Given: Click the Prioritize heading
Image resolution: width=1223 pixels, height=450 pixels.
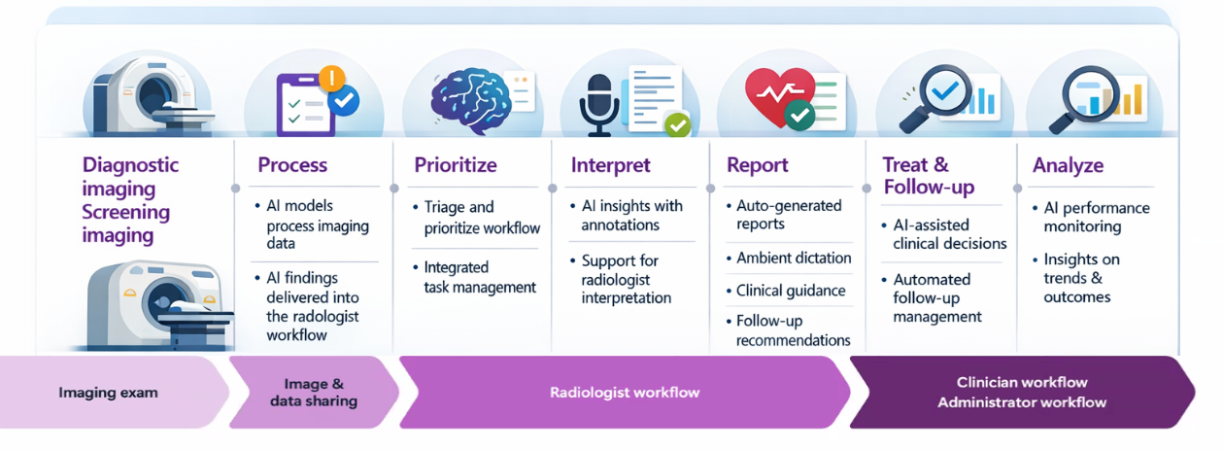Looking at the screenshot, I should tap(455, 165).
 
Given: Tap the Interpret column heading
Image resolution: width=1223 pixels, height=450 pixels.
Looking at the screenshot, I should tap(610, 165).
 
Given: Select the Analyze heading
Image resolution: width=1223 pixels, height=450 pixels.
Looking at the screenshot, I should tap(1068, 165).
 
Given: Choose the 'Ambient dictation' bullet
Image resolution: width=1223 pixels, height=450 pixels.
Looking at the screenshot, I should tap(793, 258).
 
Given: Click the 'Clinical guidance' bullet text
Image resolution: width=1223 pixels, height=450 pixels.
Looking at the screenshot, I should tap(790, 291).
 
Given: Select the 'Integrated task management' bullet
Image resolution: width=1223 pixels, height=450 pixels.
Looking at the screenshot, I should tap(480, 277).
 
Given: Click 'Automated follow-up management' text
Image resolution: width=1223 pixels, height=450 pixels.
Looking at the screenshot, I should tap(937, 297).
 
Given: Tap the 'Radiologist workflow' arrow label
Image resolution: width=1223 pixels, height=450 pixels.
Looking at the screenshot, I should tap(624, 393).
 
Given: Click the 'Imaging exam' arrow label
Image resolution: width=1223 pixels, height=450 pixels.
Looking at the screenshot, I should tap(108, 393).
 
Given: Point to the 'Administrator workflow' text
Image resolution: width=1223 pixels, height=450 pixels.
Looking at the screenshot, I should tap(1021, 402).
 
